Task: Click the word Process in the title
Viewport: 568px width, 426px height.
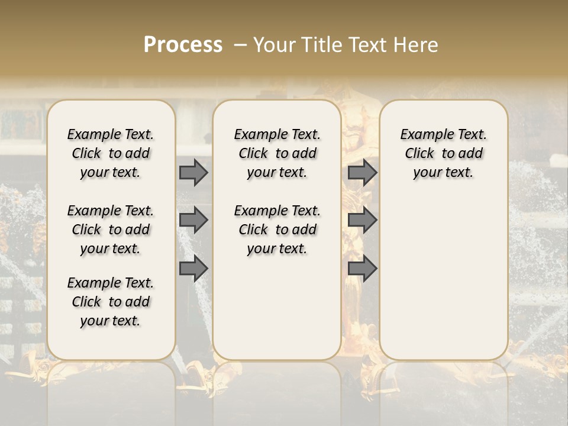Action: point(183,44)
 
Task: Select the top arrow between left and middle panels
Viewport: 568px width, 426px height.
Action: point(193,173)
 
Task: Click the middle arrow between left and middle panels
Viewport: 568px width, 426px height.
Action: point(193,220)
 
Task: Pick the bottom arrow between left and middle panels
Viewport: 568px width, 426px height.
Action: point(193,269)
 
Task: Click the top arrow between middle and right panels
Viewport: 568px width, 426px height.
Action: point(362,173)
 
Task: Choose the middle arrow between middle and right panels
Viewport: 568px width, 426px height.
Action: point(362,220)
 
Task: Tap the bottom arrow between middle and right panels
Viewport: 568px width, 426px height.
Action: point(362,269)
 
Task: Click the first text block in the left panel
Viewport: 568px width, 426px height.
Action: point(111,153)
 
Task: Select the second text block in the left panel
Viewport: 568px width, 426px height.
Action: point(111,230)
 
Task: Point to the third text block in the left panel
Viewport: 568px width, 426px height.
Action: point(111,302)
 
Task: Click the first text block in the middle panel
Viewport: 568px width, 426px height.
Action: point(277,153)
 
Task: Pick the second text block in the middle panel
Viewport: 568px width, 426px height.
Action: point(277,230)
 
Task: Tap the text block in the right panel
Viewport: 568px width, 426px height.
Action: point(443,153)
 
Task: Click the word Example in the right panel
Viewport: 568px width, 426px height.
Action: point(424,135)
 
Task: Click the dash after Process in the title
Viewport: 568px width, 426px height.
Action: point(240,45)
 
